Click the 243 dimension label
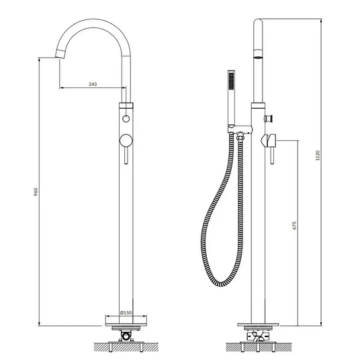[93, 84]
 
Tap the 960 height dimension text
[36, 192]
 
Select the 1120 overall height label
[318, 155]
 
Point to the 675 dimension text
[295, 226]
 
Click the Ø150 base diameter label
[126, 312]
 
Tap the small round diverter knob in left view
[126, 119]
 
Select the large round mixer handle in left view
[126, 140]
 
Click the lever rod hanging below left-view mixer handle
[126, 155]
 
